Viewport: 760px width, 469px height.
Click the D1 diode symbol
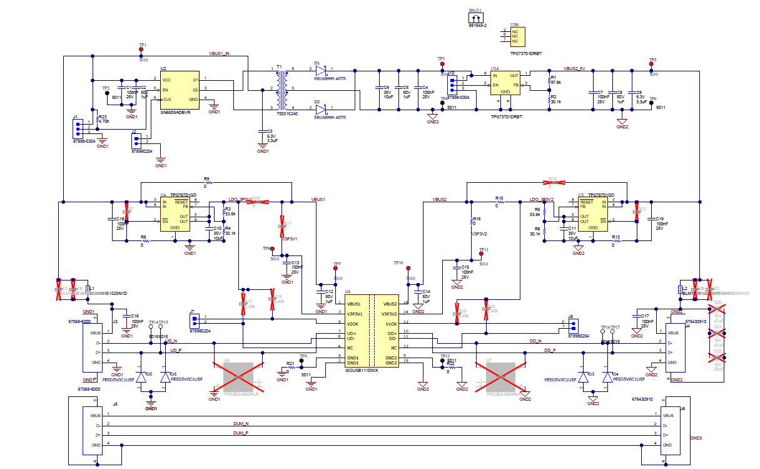click(321, 68)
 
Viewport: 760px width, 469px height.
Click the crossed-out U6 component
click(233, 377)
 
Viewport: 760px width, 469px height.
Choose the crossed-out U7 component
click(504, 377)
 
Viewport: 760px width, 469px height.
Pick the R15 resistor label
click(499, 198)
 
